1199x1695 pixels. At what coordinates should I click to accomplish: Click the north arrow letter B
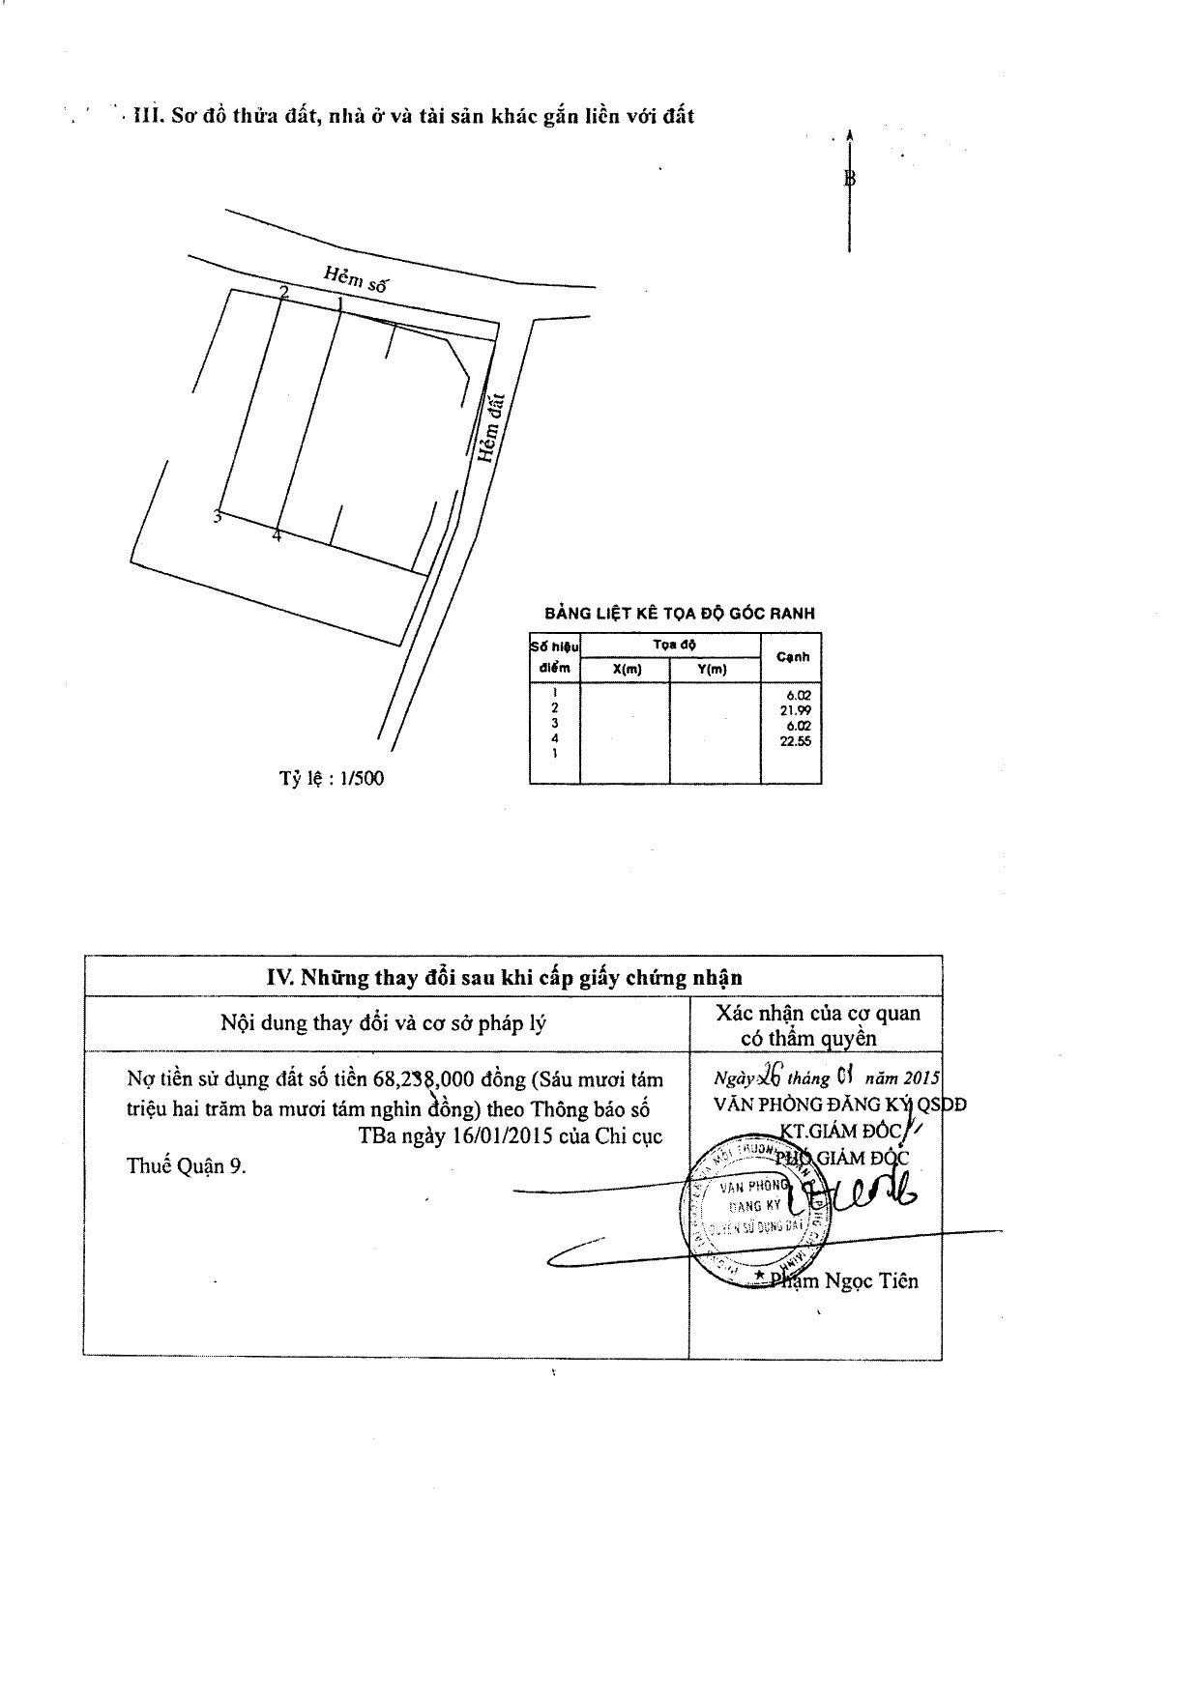(850, 178)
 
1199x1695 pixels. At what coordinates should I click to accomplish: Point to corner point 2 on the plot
(283, 291)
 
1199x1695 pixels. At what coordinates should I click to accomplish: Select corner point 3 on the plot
(218, 517)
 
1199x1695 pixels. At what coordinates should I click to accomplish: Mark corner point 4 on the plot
(277, 534)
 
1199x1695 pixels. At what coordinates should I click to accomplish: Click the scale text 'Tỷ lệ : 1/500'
(332, 778)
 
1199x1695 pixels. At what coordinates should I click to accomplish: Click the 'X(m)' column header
(626, 669)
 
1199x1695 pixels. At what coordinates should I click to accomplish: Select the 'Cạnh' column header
(792, 657)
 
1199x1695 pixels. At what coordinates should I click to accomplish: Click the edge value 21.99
(799, 710)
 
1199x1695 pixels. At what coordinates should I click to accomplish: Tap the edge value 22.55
(799, 740)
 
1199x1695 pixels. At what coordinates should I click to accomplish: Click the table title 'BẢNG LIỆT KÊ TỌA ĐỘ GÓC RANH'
(679, 613)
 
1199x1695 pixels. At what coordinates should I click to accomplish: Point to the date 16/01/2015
(492, 1136)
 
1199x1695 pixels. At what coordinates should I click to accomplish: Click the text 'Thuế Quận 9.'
(187, 1165)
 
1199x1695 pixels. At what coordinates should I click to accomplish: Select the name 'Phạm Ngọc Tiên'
(847, 1281)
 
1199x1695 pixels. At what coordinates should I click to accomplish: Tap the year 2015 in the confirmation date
(921, 1078)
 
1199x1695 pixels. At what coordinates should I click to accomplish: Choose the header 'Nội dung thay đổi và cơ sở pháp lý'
(384, 1022)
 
